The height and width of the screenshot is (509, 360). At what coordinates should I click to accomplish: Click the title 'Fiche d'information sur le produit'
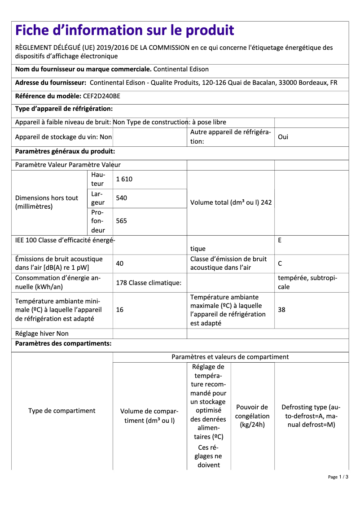coord(124,30)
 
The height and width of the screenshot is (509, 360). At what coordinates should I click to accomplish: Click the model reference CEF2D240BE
coord(101,96)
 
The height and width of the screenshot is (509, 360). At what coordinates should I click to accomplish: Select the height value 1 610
coord(124,179)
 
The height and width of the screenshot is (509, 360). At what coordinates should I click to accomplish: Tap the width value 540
coord(121,197)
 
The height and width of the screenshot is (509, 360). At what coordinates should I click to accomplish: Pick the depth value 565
coord(121,220)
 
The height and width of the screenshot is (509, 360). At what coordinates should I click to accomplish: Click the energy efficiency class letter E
coord(280,240)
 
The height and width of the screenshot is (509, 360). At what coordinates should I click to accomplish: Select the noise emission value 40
coord(119,263)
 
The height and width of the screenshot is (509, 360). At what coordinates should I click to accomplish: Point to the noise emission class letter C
coord(280,263)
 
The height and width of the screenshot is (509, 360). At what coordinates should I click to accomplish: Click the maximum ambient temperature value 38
coord(281,309)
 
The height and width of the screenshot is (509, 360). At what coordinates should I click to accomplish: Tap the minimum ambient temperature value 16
coord(119,309)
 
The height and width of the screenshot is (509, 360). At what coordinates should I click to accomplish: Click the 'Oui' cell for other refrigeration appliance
coord(283,137)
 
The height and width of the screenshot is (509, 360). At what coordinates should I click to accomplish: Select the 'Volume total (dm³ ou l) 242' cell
coord(231,202)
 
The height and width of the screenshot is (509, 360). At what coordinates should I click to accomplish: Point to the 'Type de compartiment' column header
coord(62,411)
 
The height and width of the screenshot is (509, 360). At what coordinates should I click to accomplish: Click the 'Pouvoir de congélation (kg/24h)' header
coord(252,416)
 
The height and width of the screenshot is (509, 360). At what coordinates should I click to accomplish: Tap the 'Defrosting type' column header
coord(311,416)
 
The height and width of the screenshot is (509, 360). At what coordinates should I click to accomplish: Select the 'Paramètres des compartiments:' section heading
coord(63,344)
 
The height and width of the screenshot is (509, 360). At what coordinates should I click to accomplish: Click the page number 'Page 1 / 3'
coord(338,477)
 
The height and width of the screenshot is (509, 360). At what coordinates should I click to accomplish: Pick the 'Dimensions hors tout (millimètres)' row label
coord(47,202)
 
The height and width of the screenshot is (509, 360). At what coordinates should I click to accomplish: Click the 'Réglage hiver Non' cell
coord(42,333)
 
